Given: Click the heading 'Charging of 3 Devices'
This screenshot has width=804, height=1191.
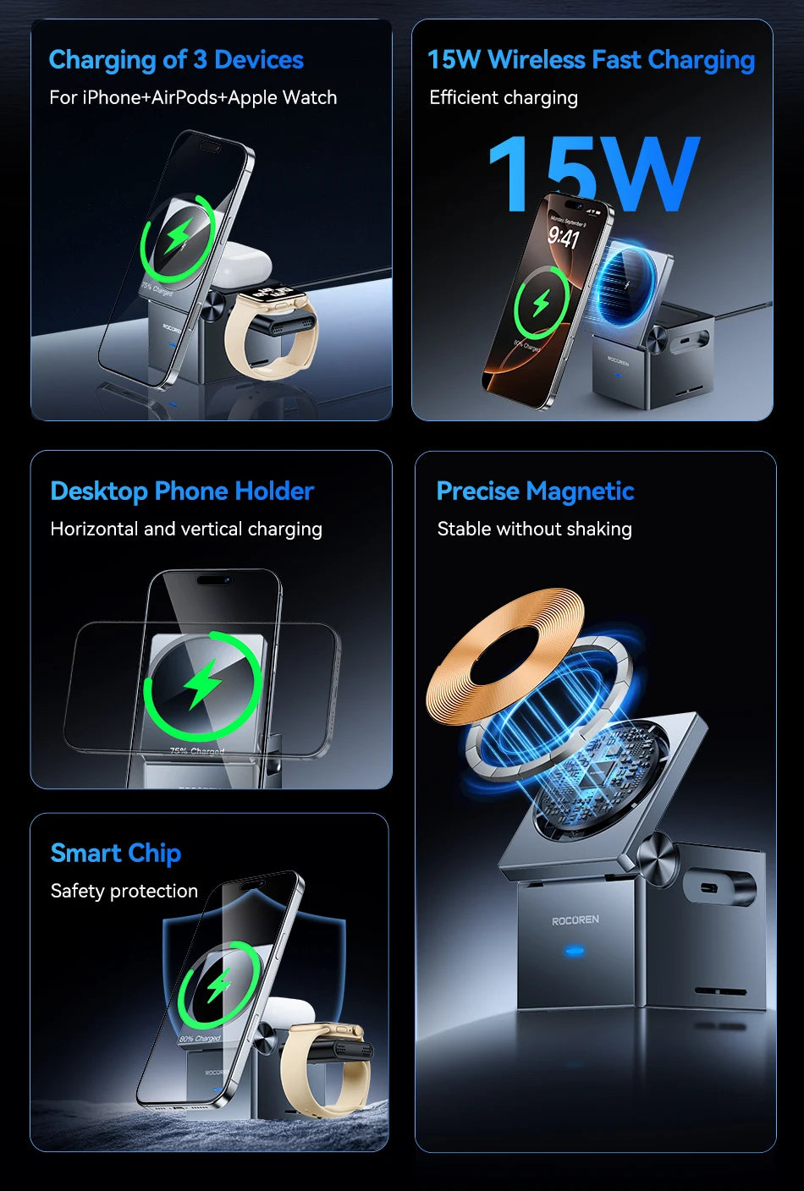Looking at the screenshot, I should [176, 60].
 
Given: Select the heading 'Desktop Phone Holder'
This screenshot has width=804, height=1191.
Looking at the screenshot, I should [182, 491].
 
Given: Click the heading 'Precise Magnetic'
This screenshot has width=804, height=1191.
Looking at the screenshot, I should [535, 491].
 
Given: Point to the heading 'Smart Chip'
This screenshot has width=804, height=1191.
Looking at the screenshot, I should [116, 853].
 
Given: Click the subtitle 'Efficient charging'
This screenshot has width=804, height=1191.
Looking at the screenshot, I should [504, 98].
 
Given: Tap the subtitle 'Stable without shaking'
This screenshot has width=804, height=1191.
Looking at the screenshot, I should [534, 530].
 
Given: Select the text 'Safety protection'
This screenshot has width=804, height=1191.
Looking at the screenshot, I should [124, 892].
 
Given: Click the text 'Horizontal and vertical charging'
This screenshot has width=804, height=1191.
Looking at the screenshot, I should [186, 530].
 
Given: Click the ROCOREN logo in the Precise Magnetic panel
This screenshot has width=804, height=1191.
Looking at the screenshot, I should [575, 920].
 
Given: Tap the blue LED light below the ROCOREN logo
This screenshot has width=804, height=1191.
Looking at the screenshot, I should [575, 952].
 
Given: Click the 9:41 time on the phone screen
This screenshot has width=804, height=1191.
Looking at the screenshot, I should [564, 237].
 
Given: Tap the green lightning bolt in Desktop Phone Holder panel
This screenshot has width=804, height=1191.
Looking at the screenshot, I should [203, 683].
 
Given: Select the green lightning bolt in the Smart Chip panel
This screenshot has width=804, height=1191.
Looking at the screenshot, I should [219, 985].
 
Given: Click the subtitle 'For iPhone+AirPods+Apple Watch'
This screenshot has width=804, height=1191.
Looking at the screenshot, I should [193, 98].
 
